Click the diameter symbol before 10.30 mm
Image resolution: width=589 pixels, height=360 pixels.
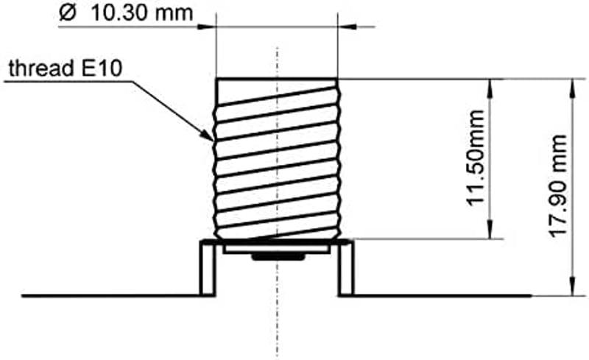click(x=68, y=13)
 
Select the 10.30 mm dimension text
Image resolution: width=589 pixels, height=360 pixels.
click(x=142, y=13)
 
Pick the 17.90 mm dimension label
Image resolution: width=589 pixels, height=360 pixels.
click(x=557, y=186)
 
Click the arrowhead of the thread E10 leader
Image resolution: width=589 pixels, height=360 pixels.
click(x=208, y=135)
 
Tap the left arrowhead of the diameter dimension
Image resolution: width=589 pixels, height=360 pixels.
click(x=207, y=27)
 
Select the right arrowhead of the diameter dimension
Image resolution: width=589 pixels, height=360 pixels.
click(x=347, y=27)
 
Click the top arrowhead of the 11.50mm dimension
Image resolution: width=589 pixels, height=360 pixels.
click(x=490, y=88)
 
